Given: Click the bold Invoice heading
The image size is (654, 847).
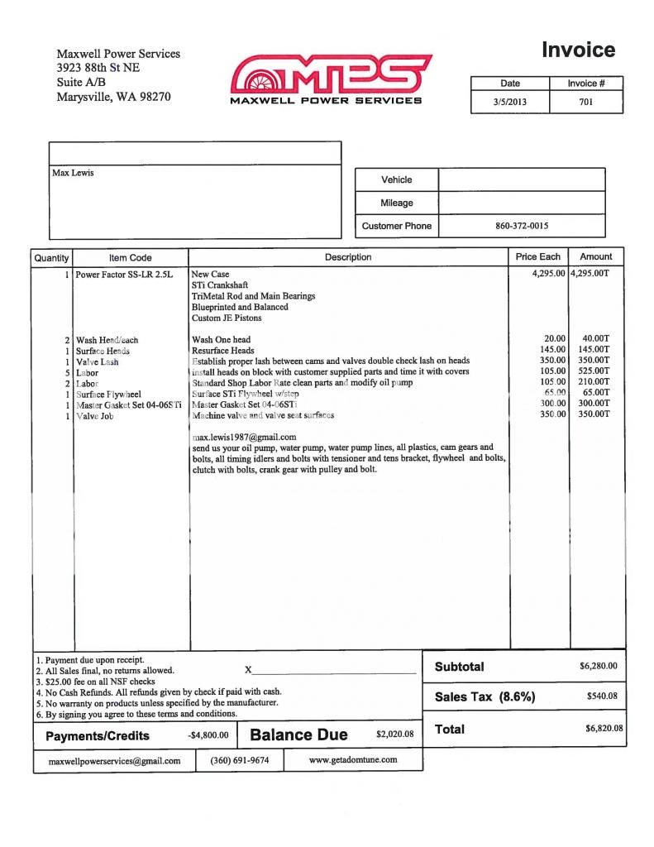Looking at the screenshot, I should coord(578,50).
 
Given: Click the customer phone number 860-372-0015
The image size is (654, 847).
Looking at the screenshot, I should coord(521,226).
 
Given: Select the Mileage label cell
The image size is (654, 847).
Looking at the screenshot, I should coord(396,203).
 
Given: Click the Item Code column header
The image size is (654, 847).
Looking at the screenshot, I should coord(130,257).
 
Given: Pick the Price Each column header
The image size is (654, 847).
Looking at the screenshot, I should coord(537,257).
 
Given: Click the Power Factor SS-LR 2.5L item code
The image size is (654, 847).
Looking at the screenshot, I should coord(124,274).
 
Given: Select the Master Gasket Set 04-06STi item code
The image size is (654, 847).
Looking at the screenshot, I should coord(128,405).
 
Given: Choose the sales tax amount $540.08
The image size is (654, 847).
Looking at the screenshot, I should coord(602,696).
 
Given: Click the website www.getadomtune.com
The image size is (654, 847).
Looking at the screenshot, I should coord(352,759).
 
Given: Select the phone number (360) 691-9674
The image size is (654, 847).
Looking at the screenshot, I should coord(239,759).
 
